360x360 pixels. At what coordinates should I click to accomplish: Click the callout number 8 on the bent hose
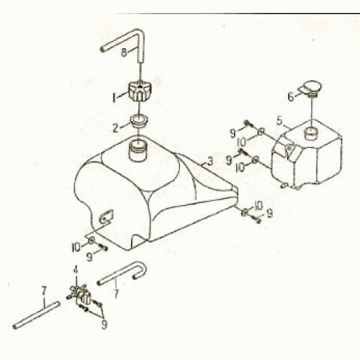click(124, 53)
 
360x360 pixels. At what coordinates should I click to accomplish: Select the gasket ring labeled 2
click(139, 122)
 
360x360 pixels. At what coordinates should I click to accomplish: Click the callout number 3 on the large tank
click(210, 161)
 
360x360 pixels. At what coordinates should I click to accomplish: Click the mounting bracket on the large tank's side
click(106, 217)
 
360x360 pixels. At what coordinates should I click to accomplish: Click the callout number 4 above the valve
click(76, 270)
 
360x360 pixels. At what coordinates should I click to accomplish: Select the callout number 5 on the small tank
click(279, 121)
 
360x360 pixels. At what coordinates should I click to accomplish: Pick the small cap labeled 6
click(311, 89)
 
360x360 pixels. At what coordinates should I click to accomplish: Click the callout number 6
click(291, 97)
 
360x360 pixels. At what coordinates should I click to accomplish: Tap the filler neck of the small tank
click(312, 134)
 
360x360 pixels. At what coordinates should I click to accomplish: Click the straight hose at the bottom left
click(36, 315)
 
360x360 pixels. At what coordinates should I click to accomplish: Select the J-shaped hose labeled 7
click(122, 273)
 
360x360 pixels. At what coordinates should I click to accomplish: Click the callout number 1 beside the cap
click(114, 98)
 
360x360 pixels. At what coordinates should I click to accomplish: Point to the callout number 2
click(116, 128)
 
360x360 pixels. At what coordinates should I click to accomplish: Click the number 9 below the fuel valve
click(104, 325)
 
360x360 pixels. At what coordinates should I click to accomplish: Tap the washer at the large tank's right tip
click(245, 212)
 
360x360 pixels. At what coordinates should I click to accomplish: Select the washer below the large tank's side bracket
click(91, 240)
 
